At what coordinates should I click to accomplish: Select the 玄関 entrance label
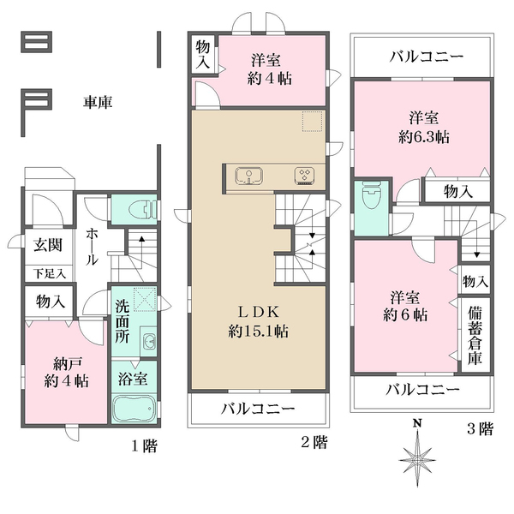(47, 246)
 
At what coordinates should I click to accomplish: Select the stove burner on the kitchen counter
(305, 175)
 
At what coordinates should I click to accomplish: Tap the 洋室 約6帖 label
(406, 307)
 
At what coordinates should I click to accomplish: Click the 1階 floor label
(143, 445)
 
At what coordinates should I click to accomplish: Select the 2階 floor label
(314, 443)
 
